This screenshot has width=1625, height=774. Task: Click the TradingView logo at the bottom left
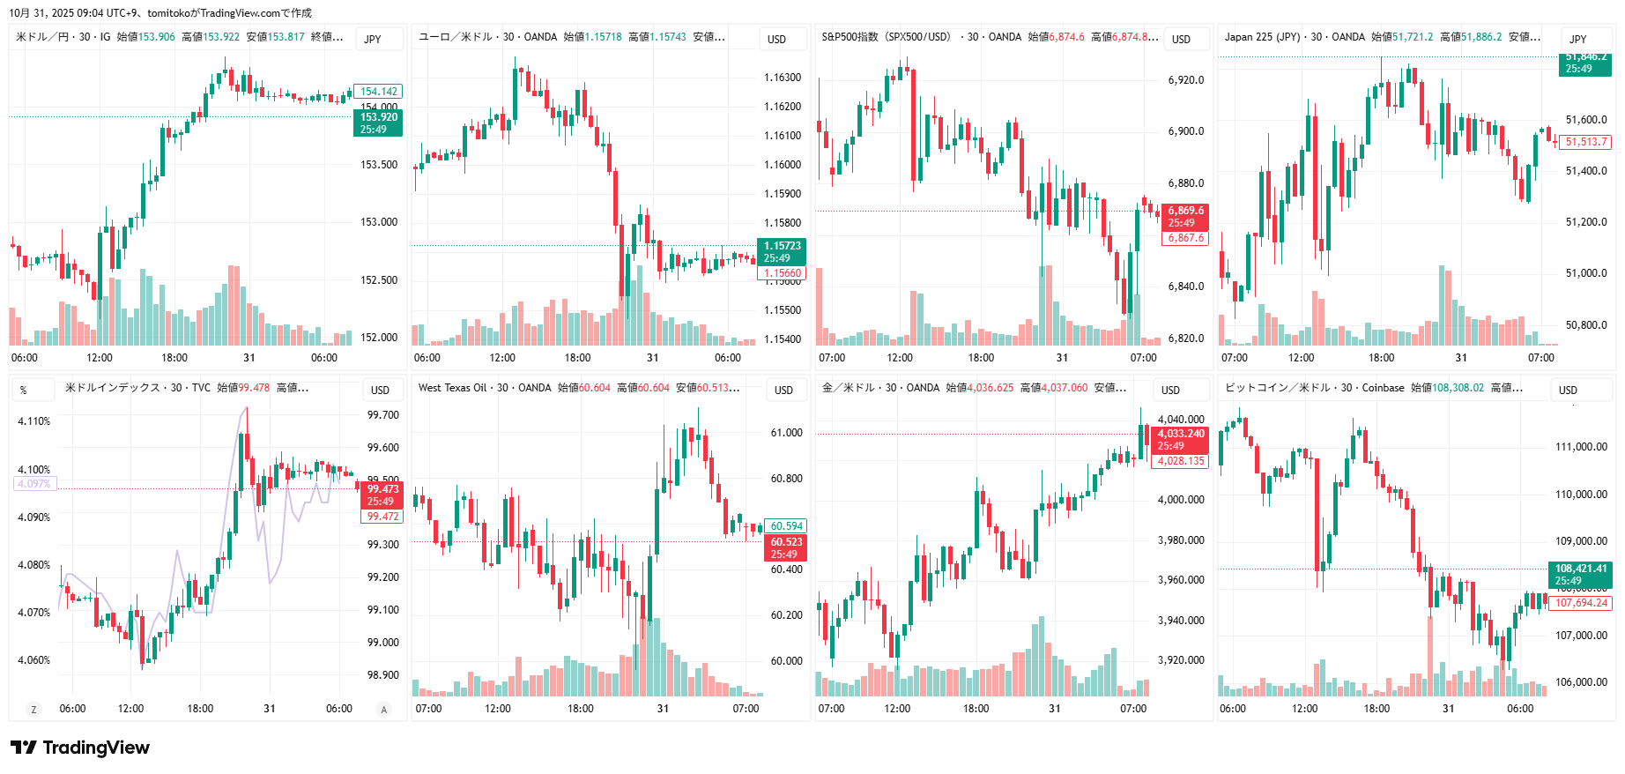pos(80,748)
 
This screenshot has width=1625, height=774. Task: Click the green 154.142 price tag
pos(379,92)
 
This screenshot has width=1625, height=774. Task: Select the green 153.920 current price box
pos(379,123)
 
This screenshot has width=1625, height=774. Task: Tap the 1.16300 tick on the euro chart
pos(782,78)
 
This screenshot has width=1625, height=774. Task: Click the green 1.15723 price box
pos(782,252)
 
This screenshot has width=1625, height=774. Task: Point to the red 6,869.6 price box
pos(1186,217)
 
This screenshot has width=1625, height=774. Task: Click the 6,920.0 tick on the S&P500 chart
pos(1186,80)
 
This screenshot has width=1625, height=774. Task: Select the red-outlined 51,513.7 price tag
pos(1586,142)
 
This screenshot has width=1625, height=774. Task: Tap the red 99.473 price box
pos(382,495)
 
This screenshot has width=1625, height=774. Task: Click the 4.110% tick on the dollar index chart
pos(34,421)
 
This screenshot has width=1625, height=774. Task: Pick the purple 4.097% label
pos(34,484)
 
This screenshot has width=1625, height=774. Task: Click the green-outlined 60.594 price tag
pos(786,526)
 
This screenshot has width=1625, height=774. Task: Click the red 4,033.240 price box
pos(1180,440)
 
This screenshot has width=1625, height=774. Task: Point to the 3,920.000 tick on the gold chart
pos(1181,660)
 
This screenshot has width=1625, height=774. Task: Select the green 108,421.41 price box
pos(1581,574)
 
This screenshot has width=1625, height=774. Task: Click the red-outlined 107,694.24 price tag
pos(1581,603)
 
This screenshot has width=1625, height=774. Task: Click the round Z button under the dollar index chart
pos(33,709)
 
